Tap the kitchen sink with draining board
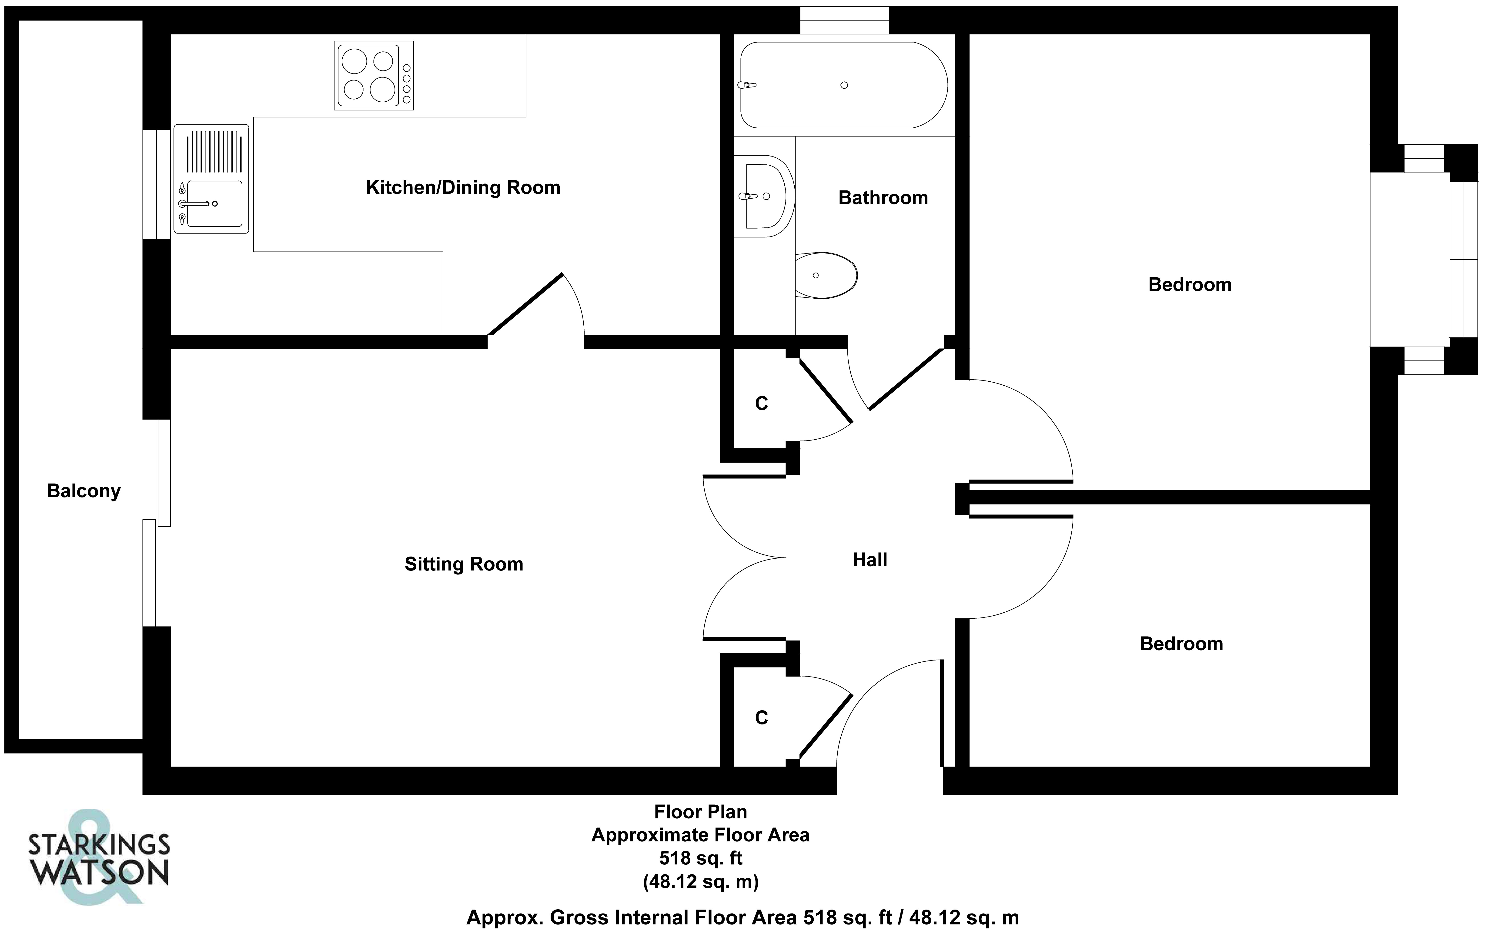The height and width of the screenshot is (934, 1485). pos(211,179)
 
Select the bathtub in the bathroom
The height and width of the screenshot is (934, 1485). pos(844,85)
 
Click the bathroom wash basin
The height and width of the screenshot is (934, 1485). pos(765,196)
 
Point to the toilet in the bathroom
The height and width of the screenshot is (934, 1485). pos(825,275)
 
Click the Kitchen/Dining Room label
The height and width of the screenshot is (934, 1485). pos(463,187)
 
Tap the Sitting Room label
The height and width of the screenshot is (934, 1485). pos(464,564)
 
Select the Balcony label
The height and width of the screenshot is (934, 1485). pos(84,491)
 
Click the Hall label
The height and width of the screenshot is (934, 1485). pos(870,560)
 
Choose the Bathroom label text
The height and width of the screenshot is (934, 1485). pos(883,198)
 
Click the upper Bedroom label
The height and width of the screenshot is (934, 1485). pos(1190,285)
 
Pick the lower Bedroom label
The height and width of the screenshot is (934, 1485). pos(1181,644)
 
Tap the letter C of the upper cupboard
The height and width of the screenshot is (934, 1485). pos(762,403)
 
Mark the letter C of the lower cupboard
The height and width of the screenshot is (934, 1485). pos(762,718)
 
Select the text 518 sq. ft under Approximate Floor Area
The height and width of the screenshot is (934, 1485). pos(701,858)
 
